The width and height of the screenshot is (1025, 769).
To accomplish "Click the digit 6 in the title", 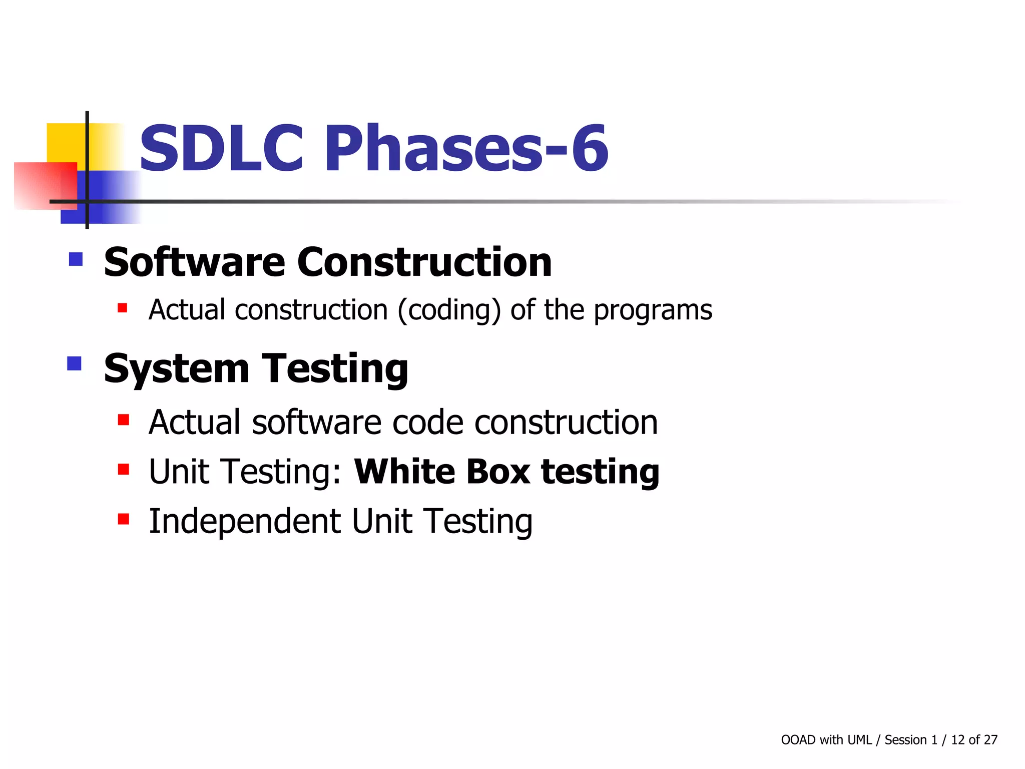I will click(591, 148).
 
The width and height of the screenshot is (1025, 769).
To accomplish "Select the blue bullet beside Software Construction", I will click(76, 259).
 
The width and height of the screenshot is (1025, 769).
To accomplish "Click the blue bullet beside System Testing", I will click(74, 363).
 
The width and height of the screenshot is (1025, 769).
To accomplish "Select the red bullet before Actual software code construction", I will click(124, 419).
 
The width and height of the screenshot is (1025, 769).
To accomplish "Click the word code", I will click(428, 422).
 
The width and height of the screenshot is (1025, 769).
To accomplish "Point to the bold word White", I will click(404, 472).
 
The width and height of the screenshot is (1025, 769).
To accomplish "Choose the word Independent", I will click(245, 521).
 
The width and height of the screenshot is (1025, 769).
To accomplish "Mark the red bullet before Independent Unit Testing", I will click(124, 519).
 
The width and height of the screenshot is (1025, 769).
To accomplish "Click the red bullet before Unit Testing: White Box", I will click(124, 469).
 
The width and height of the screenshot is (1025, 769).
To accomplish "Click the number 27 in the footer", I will click(990, 740).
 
